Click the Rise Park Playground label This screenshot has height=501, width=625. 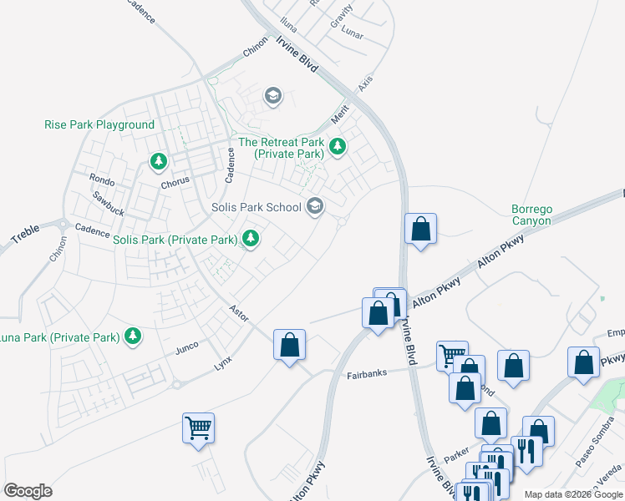pyautogui.click(x=99, y=124)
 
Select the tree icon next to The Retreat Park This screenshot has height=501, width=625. pyautogui.click(x=338, y=148)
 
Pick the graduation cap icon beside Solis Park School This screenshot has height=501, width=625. pyautogui.click(x=315, y=205)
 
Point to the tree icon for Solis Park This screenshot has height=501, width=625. pyautogui.click(x=250, y=240)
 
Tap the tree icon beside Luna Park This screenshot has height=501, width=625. pyautogui.click(x=132, y=337)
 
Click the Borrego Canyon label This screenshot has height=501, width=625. pyautogui.click(x=531, y=215)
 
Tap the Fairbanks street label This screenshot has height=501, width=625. pyautogui.click(x=367, y=373)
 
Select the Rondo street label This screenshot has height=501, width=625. pyautogui.click(x=102, y=180)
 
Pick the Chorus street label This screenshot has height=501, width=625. pyautogui.click(x=175, y=180)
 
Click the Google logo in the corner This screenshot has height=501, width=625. pyautogui.click(x=28, y=491)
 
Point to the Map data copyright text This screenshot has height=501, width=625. pyautogui.click(x=573, y=494)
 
